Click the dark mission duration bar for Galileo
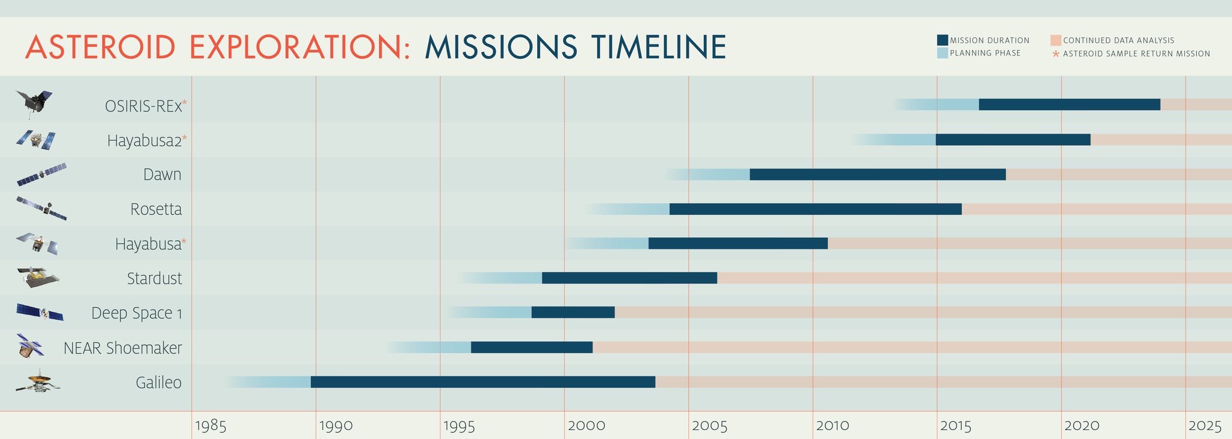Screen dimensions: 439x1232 [482, 382]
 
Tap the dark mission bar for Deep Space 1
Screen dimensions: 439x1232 [573, 313]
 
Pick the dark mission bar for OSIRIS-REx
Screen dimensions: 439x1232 [1069, 104]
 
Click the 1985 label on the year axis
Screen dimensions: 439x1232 [211, 426]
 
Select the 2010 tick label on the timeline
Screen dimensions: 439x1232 [833, 426]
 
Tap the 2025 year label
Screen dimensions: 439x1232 [1205, 426]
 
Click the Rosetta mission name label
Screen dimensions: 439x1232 [156, 209]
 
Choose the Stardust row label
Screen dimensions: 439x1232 [154, 278]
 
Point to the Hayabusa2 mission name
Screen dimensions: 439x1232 [144, 140]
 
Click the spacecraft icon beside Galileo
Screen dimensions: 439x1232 [38, 382]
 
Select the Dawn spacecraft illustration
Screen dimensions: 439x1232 [41, 175]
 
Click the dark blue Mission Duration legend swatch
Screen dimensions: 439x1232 [942, 40]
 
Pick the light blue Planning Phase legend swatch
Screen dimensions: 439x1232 [942, 53]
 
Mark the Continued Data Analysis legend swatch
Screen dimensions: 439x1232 [1055, 40]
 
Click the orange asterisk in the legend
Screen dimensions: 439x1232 [1055, 54]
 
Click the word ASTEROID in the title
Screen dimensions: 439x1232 [100, 47]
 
